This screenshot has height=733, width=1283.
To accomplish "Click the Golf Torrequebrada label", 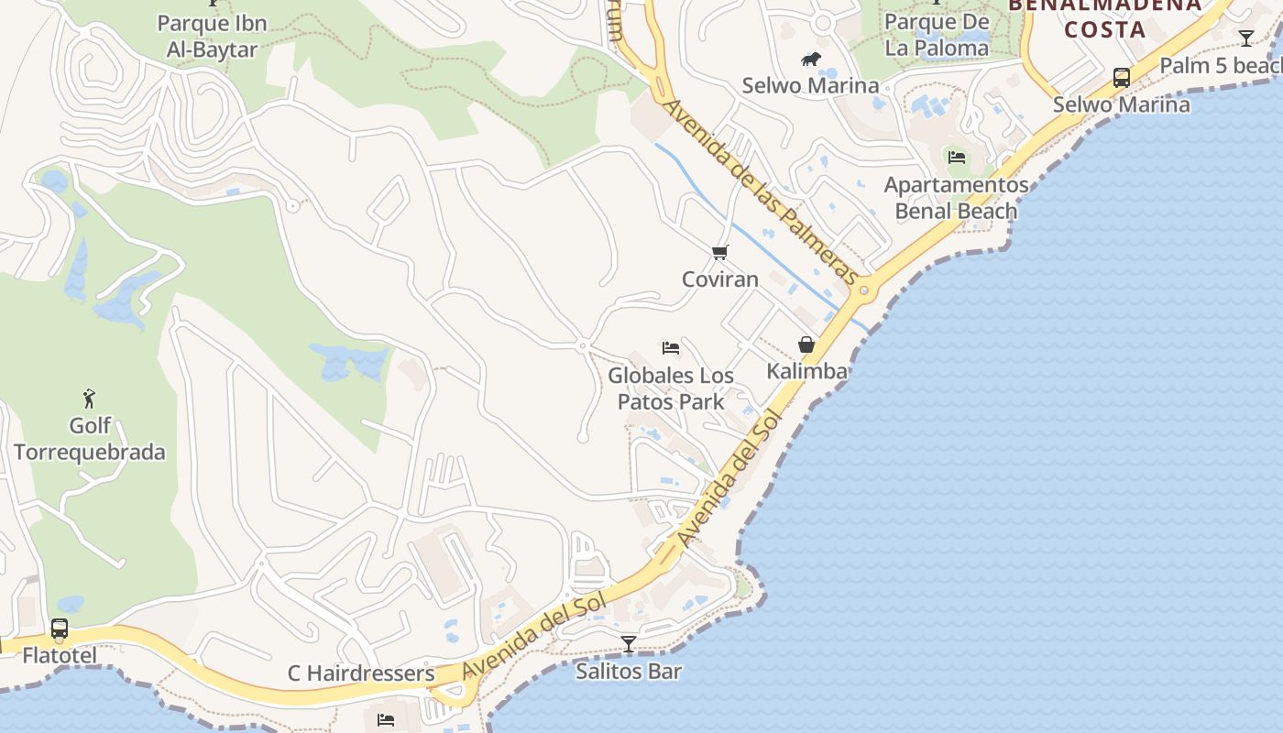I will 90,439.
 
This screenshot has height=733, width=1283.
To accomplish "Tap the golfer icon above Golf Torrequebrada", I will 89,399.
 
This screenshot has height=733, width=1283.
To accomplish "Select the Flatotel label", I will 60,656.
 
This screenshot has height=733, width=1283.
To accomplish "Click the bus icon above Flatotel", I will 60,629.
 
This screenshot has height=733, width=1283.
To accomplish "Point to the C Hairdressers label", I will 361,673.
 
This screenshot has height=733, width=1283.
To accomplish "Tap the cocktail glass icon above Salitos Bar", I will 629,644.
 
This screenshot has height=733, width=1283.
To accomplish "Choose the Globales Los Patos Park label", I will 671,388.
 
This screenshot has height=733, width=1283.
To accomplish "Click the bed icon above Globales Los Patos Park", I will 671,348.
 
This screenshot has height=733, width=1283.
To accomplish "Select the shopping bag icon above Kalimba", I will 806,345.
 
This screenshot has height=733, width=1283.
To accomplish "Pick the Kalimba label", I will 806,371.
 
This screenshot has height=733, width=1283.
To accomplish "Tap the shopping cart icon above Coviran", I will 720,253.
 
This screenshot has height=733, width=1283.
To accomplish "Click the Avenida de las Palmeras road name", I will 762,192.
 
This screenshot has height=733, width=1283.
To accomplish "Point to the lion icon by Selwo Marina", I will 811,60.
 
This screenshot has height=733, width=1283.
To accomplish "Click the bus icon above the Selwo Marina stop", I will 1121,78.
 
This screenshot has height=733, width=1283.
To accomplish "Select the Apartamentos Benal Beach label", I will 956,198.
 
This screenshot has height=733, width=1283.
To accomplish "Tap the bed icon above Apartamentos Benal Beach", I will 957,158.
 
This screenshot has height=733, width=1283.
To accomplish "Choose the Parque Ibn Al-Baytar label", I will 212,36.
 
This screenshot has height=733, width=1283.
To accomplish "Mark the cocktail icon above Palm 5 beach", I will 1246,38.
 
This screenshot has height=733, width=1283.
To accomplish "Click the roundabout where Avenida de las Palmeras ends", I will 864,292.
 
